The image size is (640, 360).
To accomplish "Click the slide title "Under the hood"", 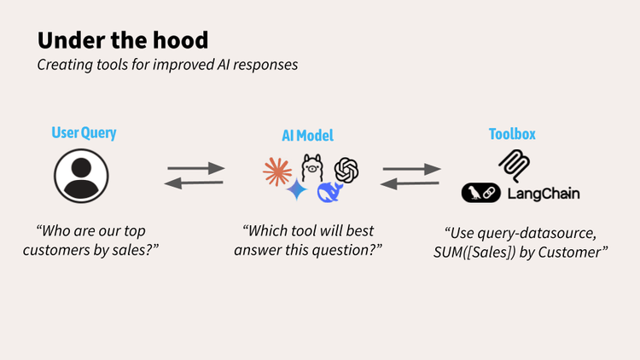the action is (123, 40).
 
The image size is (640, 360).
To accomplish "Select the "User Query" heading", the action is (84, 132).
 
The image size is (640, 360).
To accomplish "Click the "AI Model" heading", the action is (307, 136).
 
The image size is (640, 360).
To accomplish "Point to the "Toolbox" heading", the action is (512, 134).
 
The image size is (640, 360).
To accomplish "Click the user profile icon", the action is (81, 176).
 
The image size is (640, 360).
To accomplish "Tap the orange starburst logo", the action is (277, 171).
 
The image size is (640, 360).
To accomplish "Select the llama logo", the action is (312, 167).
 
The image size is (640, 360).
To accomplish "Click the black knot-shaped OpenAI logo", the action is (346, 171).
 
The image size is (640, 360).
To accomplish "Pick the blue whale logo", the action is (329, 192).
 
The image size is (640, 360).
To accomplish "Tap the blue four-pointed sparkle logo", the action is (297, 189).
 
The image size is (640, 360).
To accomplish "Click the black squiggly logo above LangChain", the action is (515, 165).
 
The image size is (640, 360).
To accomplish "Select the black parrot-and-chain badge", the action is (481, 193).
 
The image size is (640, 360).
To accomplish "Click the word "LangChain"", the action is (544, 194).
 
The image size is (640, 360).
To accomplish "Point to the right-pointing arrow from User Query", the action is (196, 168).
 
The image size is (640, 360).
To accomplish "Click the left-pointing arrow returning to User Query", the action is (194, 183).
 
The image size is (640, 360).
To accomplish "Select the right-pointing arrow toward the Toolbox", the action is (412, 169).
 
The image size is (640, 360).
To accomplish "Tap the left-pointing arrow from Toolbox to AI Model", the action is (410, 183).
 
